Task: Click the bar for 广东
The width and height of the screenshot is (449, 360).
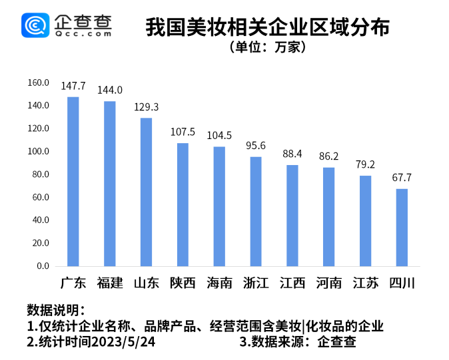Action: pos(73,181)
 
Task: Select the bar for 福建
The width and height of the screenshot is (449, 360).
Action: pos(110,183)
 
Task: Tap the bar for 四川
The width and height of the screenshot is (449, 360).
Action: pos(402,227)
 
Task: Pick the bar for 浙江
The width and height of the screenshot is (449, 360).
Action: pos(256,211)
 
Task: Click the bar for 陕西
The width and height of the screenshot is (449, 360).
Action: pos(183,204)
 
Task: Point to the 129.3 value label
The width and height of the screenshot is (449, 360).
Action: pos(146,106)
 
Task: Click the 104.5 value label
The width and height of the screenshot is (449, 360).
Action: pos(219,135)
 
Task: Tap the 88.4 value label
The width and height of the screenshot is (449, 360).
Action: pos(292,154)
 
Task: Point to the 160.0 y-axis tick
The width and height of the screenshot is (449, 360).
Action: pos(39,83)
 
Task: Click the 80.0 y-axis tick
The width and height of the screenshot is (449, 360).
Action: pos(41,174)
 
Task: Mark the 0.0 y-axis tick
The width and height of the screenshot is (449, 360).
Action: pos(43,266)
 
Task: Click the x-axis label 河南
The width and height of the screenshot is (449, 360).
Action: pos(328,283)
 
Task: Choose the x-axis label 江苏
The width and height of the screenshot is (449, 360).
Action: pos(365,283)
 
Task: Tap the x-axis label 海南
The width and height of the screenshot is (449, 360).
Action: pos(219,283)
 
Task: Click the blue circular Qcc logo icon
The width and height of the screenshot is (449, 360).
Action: pos(36,25)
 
